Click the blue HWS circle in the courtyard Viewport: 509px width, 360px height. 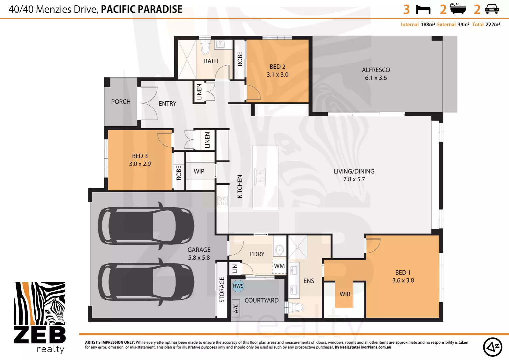coord(238,286)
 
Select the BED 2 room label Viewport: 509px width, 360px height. coord(277,67)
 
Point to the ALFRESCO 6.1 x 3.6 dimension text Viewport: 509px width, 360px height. coord(376,78)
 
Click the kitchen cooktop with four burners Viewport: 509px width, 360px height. coord(222,201)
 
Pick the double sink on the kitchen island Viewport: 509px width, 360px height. coord(260,177)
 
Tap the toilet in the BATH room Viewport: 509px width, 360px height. coord(205,47)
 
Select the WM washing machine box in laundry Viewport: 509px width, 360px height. coord(279,266)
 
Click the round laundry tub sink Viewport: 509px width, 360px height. coord(279,250)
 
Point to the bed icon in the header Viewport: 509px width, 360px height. coord(423,10)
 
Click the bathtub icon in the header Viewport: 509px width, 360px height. coord(458,9)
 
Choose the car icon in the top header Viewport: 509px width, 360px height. coord(491,9)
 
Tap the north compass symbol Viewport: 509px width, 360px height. coord(492,347)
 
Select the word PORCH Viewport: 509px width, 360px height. coord(121,102)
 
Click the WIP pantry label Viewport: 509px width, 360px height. coord(199,171)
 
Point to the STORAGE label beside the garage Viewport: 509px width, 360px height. coord(222,290)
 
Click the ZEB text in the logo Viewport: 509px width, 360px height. coord(40,335)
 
